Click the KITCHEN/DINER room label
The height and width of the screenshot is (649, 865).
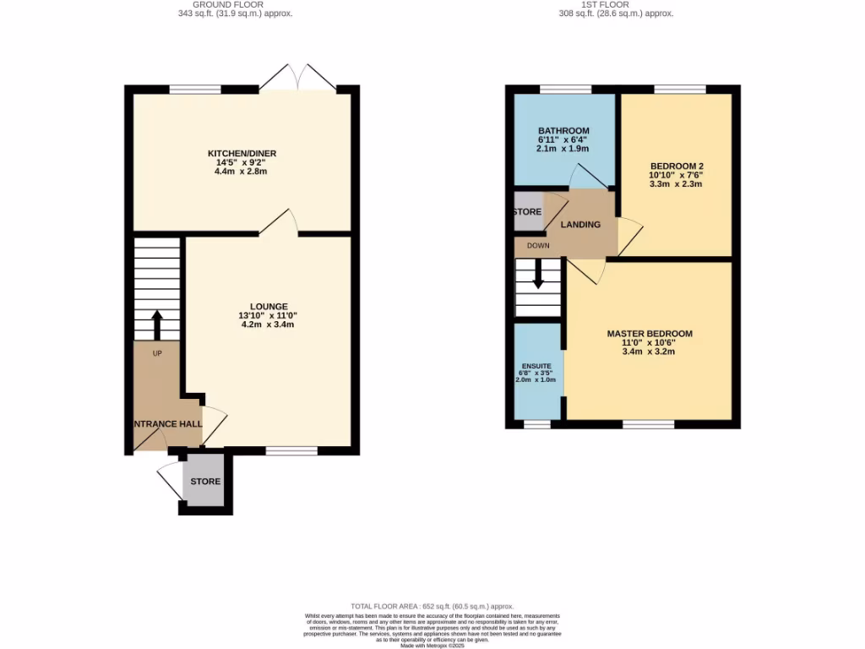click(x=242, y=153)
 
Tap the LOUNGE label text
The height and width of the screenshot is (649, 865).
click(x=269, y=306)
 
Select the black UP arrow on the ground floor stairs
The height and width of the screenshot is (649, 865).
click(x=157, y=324)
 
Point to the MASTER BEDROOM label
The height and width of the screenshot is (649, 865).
click(x=650, y=334)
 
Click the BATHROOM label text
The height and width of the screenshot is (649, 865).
click(x=563, y=130)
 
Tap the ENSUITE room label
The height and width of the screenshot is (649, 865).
click(x=536, y=366)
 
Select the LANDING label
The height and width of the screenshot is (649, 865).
click(x=581, y=225)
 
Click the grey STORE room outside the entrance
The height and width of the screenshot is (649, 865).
click(x=204, y=481)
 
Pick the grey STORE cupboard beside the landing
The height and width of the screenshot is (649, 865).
click(x=528, y=212)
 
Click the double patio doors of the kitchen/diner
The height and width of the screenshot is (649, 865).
click(x=297, y=78)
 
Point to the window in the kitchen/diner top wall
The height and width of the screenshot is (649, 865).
click(x=195, y=89)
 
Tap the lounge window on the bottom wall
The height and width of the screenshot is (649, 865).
click(x=291, y=450)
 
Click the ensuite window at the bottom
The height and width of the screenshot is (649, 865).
click(x=536, y=424)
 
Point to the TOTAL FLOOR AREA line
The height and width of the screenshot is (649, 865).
click(x=432, y=606)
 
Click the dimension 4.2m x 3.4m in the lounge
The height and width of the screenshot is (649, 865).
click(x=268, y=324)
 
